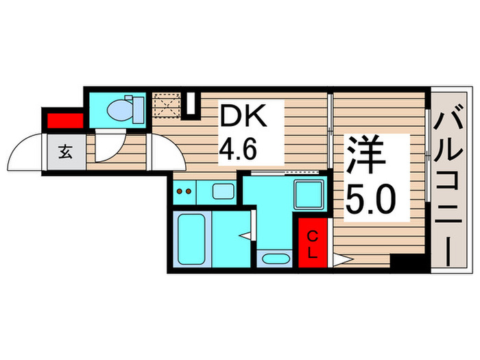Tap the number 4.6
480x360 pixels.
[241, 147]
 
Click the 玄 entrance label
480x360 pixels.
[65, 152]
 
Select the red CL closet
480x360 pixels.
[312, 243]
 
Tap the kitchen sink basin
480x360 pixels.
[222, 191]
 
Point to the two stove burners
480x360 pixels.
[183, 191]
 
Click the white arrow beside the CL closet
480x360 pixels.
[341, 260]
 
